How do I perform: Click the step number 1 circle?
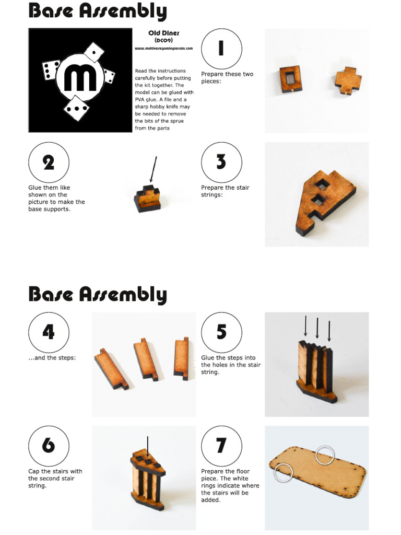point(221,49)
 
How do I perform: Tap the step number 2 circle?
point(49,162)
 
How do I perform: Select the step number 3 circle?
point(221,162)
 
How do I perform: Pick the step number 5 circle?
point(221,333)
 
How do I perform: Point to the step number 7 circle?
point(221,446)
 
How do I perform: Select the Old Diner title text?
point(164,33)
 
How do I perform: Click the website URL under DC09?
point(164,48)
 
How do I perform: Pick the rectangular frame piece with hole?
point(289,78)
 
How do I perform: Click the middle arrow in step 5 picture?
point(317,327)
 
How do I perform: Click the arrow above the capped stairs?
point(148,447)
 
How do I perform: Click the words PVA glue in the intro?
point(144,99)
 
